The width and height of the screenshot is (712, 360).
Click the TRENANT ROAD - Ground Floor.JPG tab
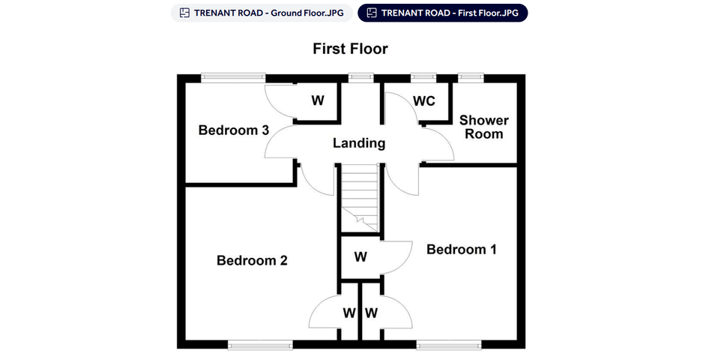pos(262,13)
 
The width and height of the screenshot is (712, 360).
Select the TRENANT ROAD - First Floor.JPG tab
pos(443,13)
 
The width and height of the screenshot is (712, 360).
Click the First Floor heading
pos(350,49)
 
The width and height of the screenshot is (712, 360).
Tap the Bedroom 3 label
pos(234,130)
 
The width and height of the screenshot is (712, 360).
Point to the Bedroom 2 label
pos(252,260)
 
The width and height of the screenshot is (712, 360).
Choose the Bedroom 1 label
pos(462,249)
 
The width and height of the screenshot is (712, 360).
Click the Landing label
pos(359,143)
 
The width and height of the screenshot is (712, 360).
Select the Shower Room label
pos(483,127)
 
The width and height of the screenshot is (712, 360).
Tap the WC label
pos(423,101)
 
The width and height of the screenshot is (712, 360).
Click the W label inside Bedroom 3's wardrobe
pos(318,100)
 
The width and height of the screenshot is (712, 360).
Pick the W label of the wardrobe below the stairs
pos(360,256)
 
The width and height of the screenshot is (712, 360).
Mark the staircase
pos(360,198)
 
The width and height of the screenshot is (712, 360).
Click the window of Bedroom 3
pos(233,78)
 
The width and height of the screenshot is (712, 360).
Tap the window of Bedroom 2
pos(260,346)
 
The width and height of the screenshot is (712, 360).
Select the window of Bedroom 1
pos(449,346)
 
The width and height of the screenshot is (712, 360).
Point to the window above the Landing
pos(361,78)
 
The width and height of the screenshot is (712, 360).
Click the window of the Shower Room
pos(471,78)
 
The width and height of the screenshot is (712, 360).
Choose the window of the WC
pos(423,78)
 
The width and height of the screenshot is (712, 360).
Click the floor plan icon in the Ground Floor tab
pos(184,13)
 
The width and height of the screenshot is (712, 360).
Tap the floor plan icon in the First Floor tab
pos(372,13)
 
